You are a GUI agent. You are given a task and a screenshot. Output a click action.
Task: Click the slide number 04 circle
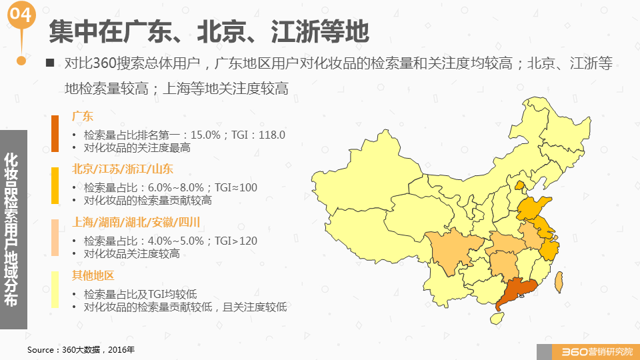(20, 15)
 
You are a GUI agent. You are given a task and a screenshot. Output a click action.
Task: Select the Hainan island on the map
(497, 317)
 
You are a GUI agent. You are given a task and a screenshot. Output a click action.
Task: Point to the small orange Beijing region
(519, 186)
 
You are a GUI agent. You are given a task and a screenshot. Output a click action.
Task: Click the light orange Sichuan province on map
(454, 250)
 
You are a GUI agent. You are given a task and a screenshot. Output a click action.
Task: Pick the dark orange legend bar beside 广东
(55, 133)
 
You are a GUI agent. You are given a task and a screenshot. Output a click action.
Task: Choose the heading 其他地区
(93, 275)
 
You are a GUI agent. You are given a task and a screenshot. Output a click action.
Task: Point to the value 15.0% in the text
(205, 135)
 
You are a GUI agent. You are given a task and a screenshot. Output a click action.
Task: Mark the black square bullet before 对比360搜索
(50, 63)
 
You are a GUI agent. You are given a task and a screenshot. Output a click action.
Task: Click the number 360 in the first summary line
(107, 63)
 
